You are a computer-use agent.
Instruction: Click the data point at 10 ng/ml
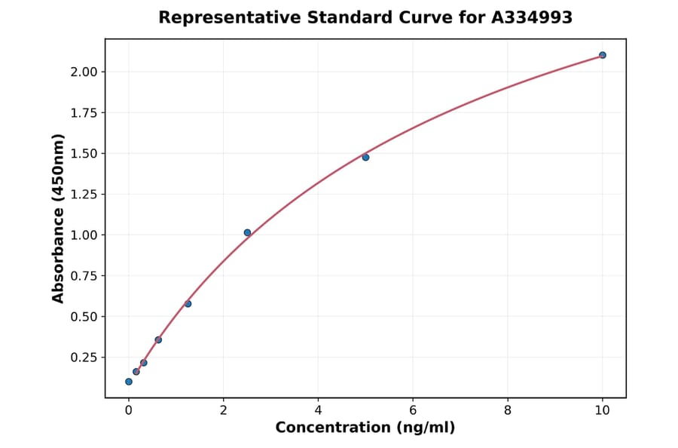[x=602, y=55]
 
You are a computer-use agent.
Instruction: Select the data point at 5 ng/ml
[x=365, y=157]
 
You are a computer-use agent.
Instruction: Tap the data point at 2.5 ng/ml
[x=247, y=232]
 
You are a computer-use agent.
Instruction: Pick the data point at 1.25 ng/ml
[x=188, y=304]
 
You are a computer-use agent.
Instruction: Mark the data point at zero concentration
[x=129, y=382]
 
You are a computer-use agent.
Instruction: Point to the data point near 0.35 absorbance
[x=158, y=339]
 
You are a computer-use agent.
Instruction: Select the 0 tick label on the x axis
[x=129, y=410]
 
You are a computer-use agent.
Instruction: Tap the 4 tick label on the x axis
[x=318, y=410]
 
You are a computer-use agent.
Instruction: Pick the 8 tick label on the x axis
[x=508, y=410]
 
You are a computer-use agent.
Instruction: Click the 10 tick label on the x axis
[x=602, y=410]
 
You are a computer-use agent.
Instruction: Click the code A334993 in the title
[x=532, y=17]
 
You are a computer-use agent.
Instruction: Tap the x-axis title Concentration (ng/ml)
[x=365, y=428]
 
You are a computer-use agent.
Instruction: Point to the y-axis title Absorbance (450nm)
[x=59, y=219]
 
